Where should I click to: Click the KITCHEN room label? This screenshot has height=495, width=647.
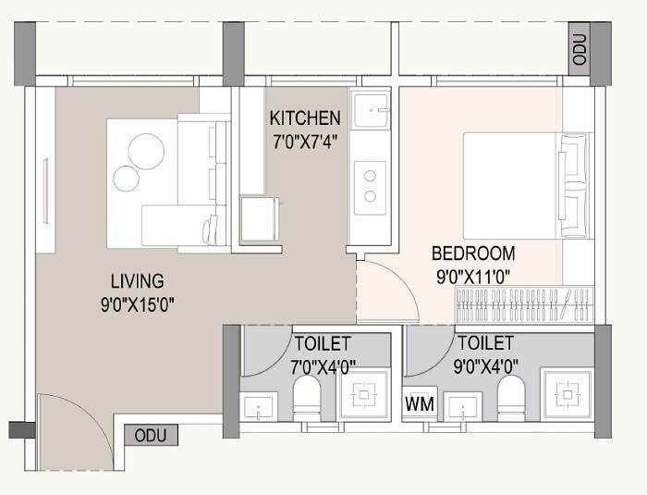tap(305, 118)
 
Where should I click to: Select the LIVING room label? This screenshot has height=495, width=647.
tap(137, 280)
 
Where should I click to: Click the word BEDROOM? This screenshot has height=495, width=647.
tap(473, 253)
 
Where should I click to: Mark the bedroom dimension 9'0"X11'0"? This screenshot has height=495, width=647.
tap(473, 275)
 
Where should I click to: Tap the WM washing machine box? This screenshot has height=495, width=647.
tap(416, 404)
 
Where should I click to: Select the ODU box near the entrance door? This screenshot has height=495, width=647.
tap(150, 435)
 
